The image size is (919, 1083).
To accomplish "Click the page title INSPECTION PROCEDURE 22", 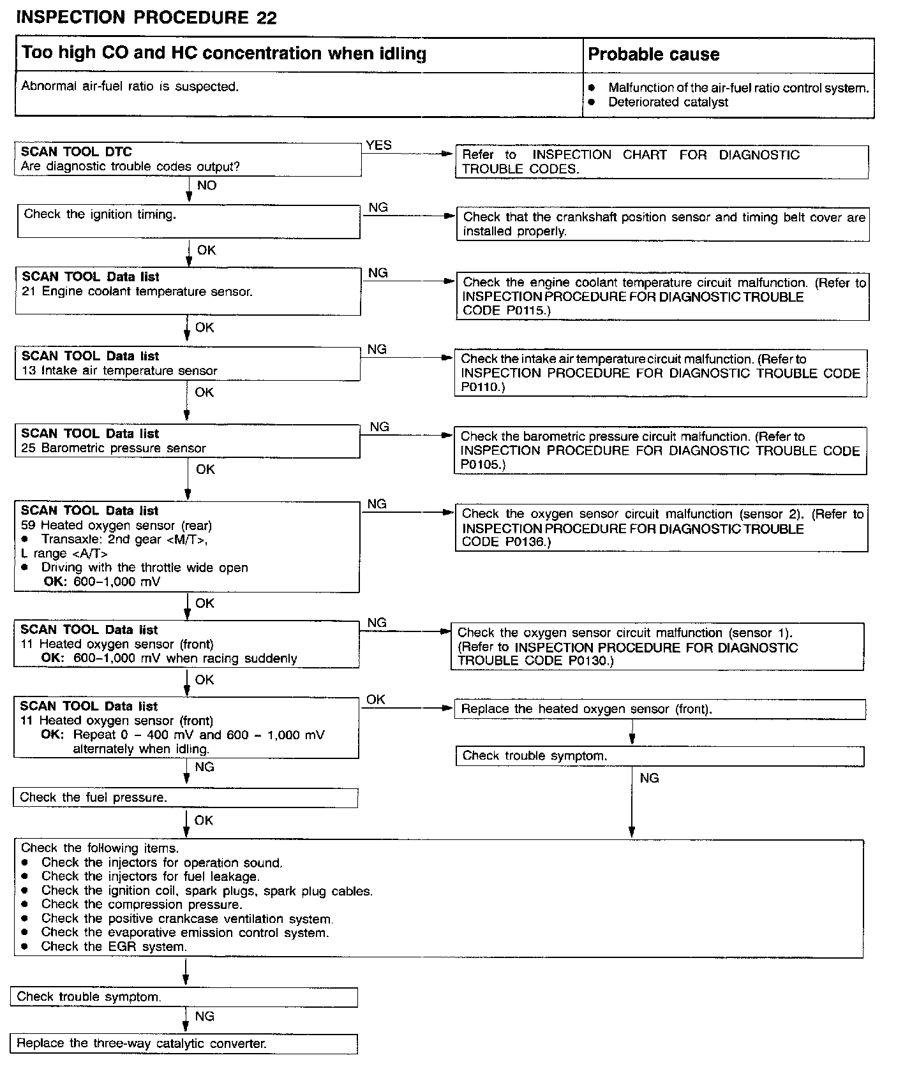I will coord(146,18).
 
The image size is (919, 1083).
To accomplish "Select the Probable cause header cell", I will coord(654,55).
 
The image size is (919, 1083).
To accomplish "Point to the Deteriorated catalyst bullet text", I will coord(668,102).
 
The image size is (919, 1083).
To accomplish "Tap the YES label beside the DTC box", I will coord(378,145).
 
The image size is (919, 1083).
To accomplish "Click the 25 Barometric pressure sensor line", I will coord(114,448).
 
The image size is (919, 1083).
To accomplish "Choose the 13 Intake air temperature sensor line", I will coord(119,371).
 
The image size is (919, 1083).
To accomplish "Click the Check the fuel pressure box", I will coord(93,797).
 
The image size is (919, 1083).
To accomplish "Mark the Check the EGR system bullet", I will coord(114,947).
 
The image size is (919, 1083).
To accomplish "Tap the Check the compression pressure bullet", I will coord(142,904).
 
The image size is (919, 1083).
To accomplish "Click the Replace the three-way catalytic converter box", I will coord(142,1043).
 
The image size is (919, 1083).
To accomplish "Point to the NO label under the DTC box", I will coord(207,186).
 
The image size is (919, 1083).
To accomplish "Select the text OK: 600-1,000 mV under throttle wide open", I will coord(102,582).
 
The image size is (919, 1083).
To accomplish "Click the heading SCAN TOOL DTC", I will coord(77,152).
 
